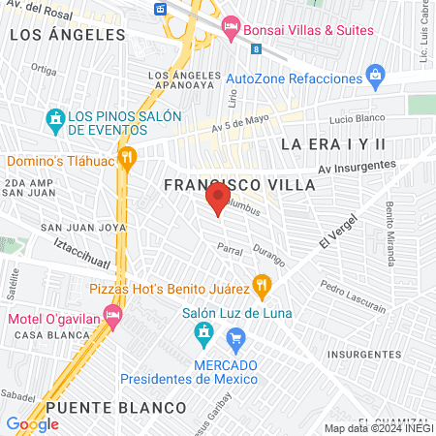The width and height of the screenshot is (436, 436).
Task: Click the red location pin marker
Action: pos(215,202)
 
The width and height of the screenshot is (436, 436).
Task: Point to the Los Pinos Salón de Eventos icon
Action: pos(55,120)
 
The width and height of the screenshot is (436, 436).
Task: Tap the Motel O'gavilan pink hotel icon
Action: pos(113,315)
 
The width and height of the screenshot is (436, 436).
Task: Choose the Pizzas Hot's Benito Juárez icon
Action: pos(262,286)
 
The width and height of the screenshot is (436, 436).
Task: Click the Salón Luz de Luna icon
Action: pos(204,335)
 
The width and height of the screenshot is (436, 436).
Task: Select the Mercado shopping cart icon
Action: pos(234,338)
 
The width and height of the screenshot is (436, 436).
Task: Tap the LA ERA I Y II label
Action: pos(333,143)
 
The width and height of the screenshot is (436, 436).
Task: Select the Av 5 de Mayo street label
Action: pos(239,124)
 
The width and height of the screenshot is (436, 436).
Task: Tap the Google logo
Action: pos(32,423)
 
